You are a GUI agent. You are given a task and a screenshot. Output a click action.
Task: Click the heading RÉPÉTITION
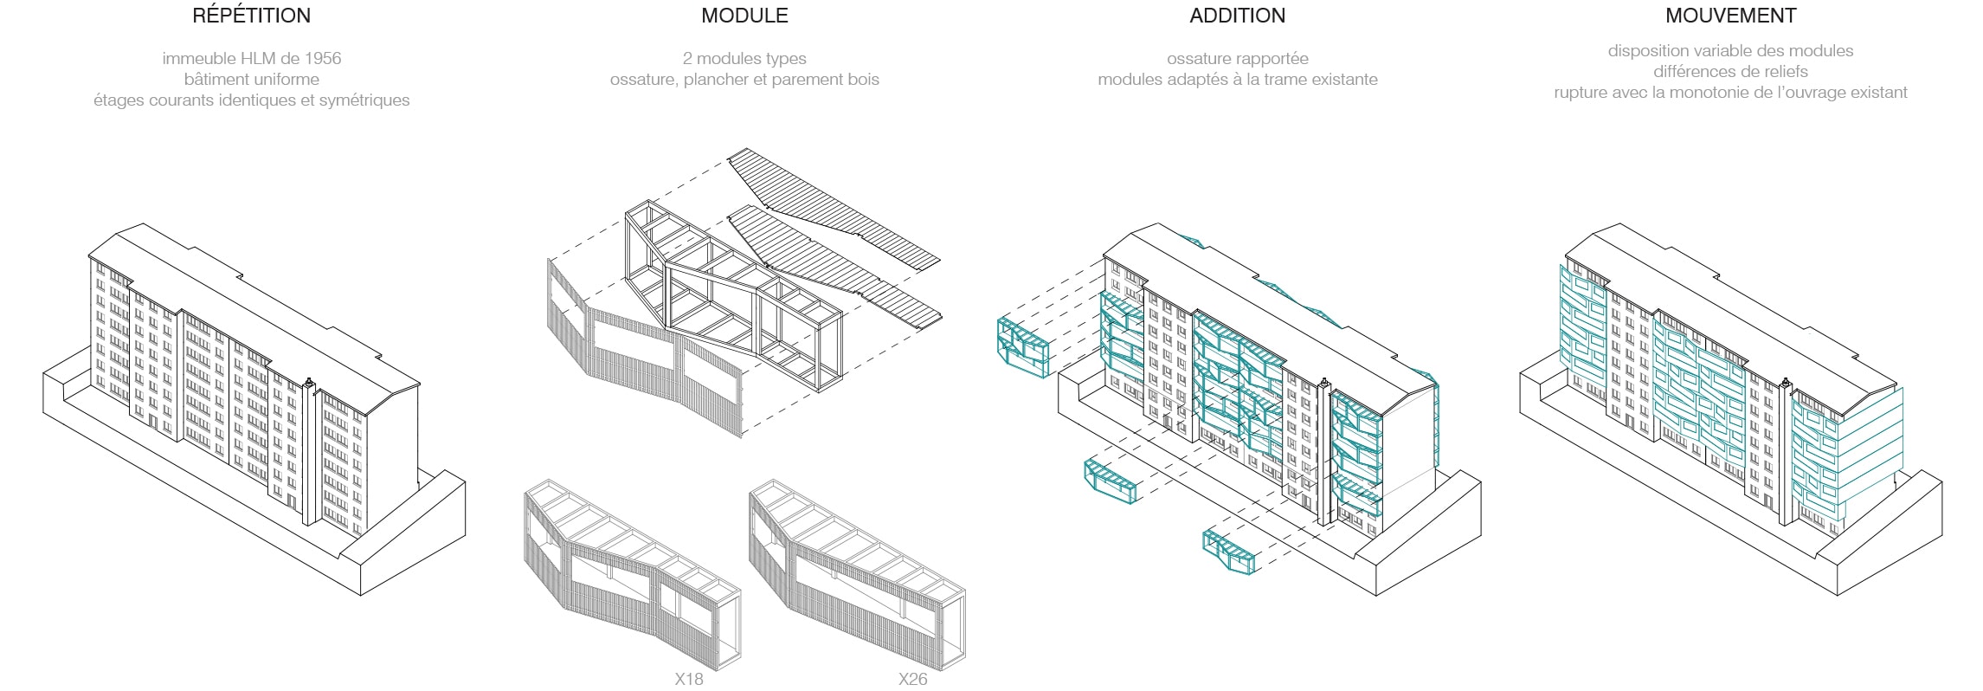(251, 16)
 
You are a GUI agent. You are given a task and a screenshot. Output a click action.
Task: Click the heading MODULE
(744, 16)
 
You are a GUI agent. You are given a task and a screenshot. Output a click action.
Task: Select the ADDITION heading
(1237, 16)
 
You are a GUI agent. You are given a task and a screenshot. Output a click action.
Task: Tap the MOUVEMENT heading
(1730, 16)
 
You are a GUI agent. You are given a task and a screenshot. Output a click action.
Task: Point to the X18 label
(689, 679)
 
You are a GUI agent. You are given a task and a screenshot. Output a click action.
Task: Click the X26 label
(912, 679)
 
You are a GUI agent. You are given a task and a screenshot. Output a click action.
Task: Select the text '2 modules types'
(744, 59)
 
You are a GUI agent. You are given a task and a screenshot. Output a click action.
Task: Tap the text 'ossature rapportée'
(1237, 59)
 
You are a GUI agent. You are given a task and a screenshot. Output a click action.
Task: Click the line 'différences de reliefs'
(1730, 72)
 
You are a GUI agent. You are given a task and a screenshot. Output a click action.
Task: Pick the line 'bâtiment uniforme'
(251, 80)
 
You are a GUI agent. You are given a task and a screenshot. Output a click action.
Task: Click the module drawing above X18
(632, 572)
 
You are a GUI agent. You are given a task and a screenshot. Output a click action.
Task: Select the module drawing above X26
(857, 572)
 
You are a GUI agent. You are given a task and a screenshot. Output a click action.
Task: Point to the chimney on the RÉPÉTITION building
(309, 382)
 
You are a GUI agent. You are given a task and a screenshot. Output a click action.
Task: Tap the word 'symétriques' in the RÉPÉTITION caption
(364, 100)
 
